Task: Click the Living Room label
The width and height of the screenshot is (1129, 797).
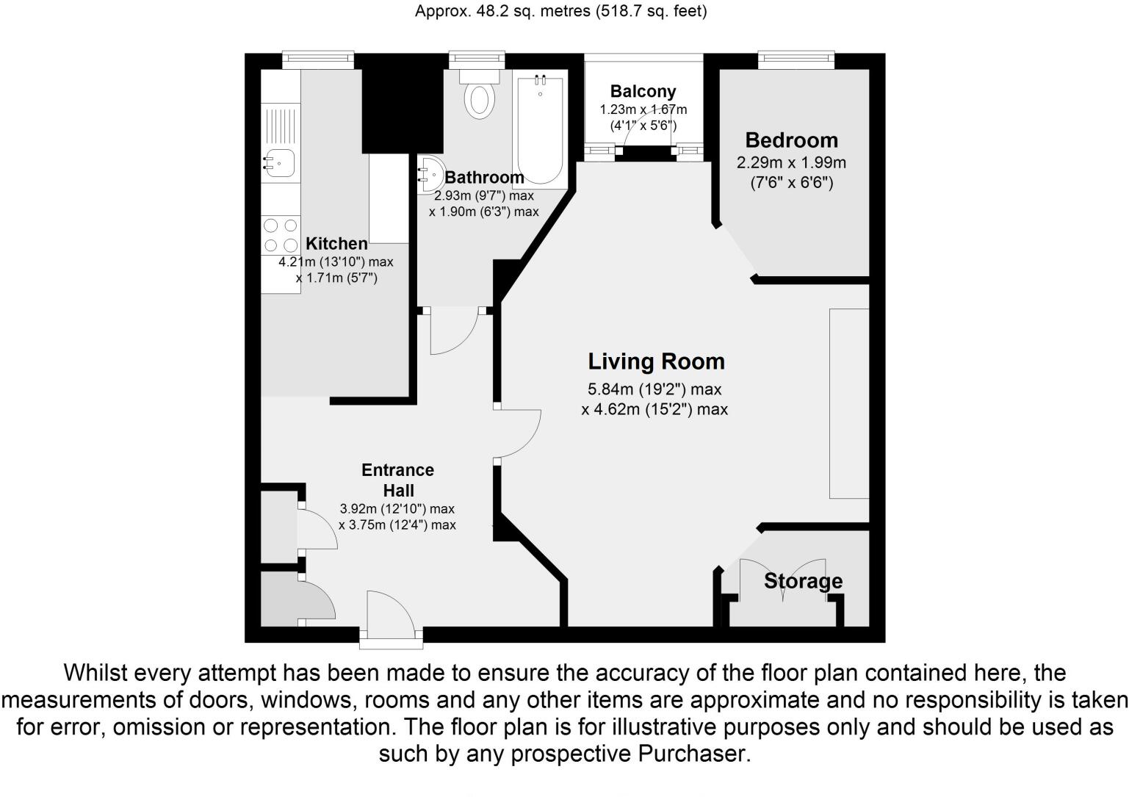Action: [x=656, y=361]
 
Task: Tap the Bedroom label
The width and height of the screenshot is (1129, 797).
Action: [x=791, y=140]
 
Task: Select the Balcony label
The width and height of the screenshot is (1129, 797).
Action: [x=643, y=92]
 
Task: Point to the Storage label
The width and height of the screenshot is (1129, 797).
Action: [x=803, y=581]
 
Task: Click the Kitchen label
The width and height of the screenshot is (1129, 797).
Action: [x=336, y=244]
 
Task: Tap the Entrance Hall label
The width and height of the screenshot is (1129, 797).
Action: [x=397, y=480]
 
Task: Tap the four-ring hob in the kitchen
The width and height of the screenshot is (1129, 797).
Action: [x=281, y=236]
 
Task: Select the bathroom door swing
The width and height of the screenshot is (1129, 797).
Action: [x=453, y=334]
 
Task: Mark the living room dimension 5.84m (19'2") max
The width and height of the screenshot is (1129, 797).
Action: [x=654, y=389]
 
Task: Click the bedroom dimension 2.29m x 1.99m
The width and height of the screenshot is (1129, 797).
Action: [x=791, y=163]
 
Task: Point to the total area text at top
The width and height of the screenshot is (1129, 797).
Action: [x=560, y=11]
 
